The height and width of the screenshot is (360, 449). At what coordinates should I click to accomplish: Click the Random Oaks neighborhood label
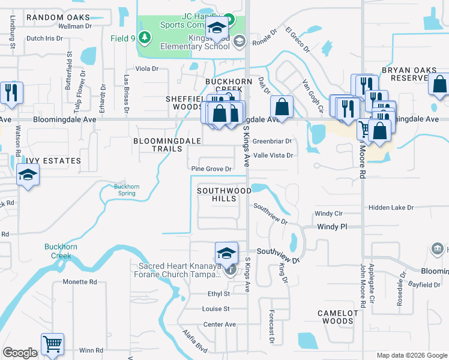coord(58,17)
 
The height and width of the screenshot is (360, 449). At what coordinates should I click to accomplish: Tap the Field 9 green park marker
coord(144,38)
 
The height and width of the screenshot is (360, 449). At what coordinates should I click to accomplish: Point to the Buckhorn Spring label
coord(127,190)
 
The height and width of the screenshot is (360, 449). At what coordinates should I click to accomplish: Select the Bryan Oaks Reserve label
coord(407,74)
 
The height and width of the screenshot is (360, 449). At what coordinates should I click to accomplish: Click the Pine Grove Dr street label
coord(211,169)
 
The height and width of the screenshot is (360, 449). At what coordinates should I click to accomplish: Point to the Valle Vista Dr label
coord(273,155)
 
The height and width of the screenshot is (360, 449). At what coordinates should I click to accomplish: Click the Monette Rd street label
coord(80,281)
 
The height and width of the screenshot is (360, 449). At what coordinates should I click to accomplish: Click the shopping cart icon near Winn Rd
coord(52,344)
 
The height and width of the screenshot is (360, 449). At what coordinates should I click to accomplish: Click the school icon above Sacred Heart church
coord(226,252)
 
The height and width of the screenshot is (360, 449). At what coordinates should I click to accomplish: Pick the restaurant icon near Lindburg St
coord(11,92)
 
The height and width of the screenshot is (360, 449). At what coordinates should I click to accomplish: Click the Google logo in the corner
coord(20,353)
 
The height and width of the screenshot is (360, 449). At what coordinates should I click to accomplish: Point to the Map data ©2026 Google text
coord(411,355)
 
